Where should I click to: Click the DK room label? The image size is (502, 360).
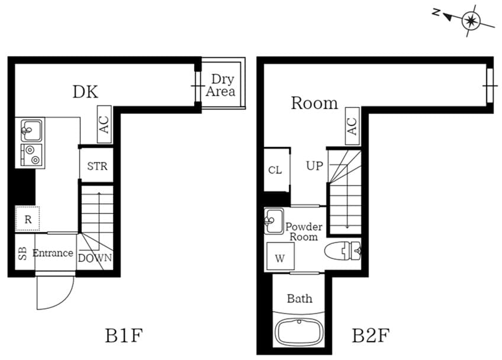[x=85, y=92]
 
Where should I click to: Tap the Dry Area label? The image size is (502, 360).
[x=221, y=85]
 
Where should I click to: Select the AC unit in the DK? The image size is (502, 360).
[x=104, y=124]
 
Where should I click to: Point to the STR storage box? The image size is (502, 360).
[x=97, y=166]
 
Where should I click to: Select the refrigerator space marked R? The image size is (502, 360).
[x=27, y=219]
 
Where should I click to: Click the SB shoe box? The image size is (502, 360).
[x=22, y=253]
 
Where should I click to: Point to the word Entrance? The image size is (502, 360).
[x=53, y=253]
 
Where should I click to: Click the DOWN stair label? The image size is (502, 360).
[x=95, y=258]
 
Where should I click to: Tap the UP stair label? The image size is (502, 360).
[x=314, y=166]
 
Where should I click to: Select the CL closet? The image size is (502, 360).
[x=275, y=170]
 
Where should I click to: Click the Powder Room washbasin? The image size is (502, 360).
[x=273, y=221]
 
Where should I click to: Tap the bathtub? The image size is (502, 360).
[x=301, y=330]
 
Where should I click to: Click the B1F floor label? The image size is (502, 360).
[x=124, y=336]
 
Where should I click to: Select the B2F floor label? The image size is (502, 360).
[x=371, y=336]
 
